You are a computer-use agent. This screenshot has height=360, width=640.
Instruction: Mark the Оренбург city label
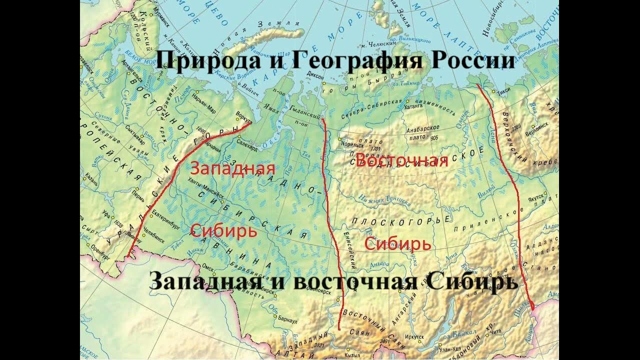(x=100, y=252)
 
